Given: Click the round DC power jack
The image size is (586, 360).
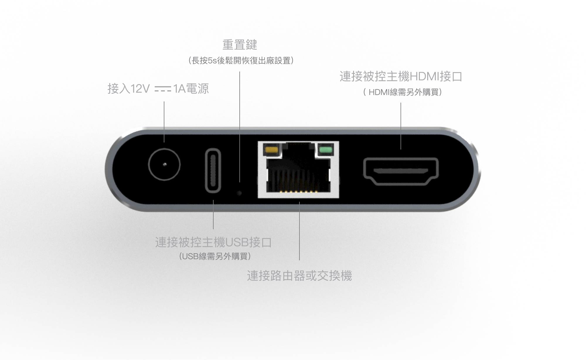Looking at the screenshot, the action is click(164, 164).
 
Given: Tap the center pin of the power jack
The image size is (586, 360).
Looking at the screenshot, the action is click(165, 164).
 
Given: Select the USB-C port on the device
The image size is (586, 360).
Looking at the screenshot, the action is click(213, 170).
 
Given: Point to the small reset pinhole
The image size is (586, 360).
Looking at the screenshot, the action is click(239, 193).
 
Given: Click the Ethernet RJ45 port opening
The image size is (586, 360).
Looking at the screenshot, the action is click(298, 169).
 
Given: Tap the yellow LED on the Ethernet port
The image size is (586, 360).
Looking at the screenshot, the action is click(271, 150).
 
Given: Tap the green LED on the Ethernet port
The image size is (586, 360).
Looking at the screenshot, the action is click(326, 150).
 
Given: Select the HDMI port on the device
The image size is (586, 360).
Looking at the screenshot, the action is click(401, 171).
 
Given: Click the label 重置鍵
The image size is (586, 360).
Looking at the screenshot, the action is click(240, 45).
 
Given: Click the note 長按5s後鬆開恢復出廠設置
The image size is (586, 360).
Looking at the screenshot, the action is click(241, 61).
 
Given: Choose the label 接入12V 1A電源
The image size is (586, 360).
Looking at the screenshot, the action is click(158, 89).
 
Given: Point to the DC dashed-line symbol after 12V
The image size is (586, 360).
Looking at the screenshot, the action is click(163, 89).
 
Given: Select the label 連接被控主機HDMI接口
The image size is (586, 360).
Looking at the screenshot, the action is click(401, 77).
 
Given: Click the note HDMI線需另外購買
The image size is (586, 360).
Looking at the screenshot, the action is click(403, 92).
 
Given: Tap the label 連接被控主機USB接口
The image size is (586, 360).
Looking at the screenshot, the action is click(213, 242).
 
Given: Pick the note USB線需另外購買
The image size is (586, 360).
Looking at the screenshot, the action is click(215, 257).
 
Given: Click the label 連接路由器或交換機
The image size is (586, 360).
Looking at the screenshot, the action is click(299, 276).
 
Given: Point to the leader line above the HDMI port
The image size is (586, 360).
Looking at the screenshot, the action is click(401, 126).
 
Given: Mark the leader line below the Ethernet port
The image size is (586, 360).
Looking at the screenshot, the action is click(299, 231).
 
